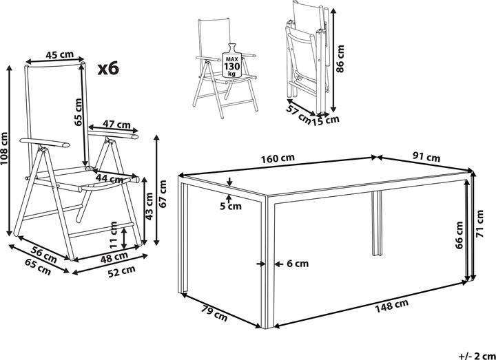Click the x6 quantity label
[x=109, y=68]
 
